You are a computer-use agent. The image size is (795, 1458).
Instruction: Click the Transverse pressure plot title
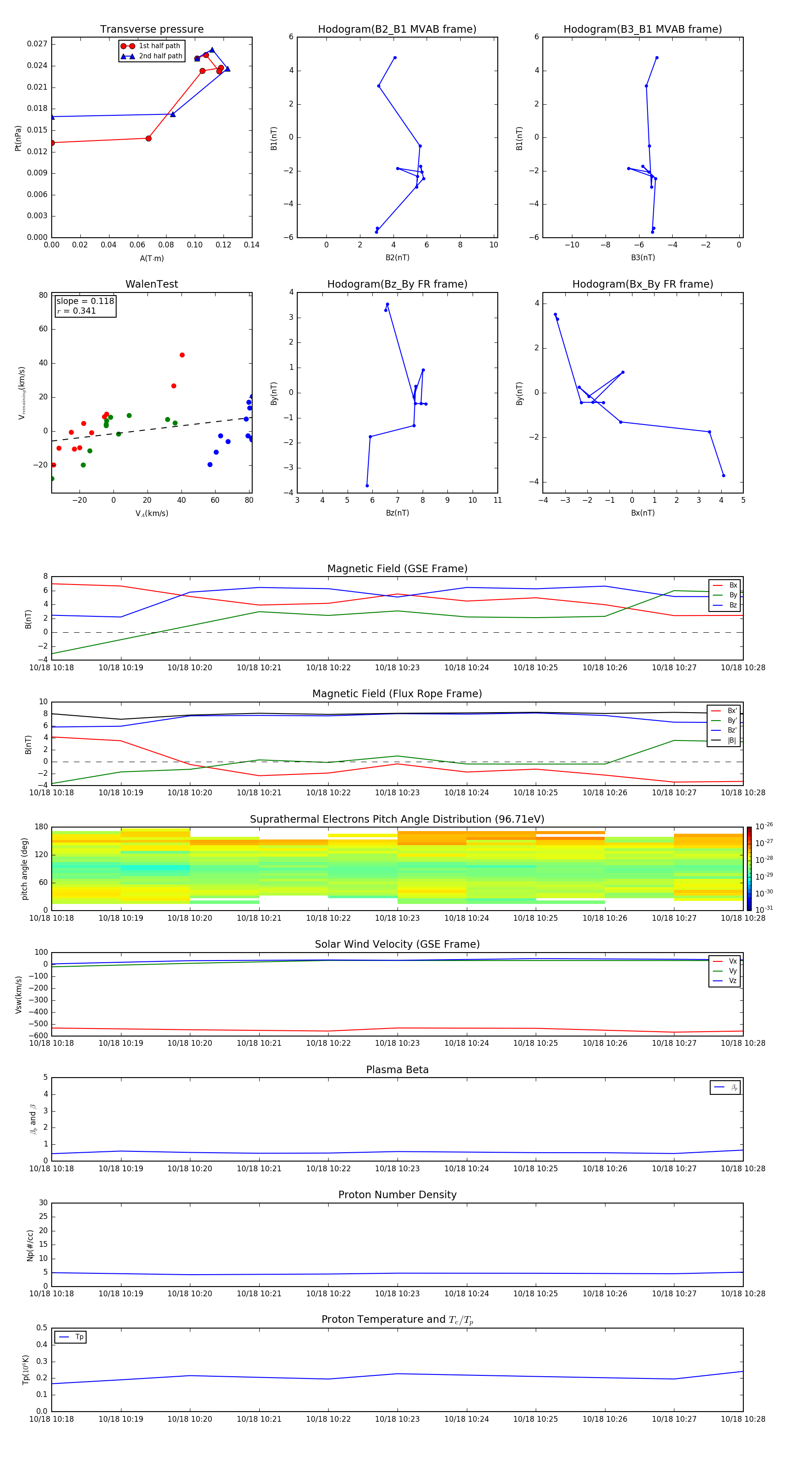pos(151,30)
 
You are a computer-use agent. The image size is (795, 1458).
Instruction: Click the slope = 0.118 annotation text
pos(85,301)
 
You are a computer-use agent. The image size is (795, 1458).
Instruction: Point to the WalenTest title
pos(151,284)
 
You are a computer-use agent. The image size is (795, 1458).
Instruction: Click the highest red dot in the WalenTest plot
pos(182,355)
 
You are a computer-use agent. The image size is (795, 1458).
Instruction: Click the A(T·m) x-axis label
pos(151,258)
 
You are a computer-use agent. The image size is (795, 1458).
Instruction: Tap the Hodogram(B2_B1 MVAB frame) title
pos(397,30)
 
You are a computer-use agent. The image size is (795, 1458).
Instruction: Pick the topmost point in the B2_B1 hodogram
pos(394,58)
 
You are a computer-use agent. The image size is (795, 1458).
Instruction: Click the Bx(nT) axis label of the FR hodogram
pos(642,513)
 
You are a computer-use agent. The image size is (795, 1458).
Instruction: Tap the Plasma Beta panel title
pos(397,1070)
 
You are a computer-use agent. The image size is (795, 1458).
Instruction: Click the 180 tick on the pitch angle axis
pos(42,827)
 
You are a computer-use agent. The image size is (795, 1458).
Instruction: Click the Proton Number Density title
pos(397,1195)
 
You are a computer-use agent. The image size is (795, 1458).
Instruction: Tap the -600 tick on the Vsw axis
pos(38,1035)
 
